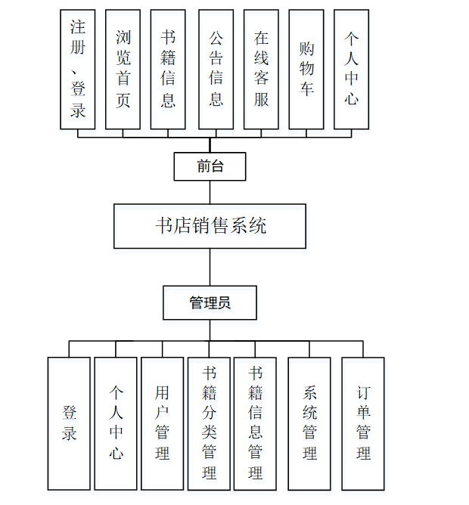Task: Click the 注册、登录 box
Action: pos(78,69)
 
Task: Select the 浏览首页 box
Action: pos(123,69)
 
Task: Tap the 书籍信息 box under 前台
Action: pos(168,69)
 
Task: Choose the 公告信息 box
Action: pos(216,69)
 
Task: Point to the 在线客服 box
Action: pos(262,69)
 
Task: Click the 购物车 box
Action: pos(306,69)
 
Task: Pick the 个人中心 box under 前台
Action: pos(352,69)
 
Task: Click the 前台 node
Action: pos(210,166)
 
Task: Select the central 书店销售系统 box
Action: pos(210,226)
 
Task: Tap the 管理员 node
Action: pos(210,303)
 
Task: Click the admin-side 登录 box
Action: pos(69,423)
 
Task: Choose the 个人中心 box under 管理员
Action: pos(116,423)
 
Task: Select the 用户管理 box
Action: pos(162,423)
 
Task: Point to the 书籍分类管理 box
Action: pos(209,423)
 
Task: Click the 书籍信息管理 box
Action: pos(256,423)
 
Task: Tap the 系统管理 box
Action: pos(309,423)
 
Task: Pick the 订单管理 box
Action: pos(363,423)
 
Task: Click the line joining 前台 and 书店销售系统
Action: pos(210,192)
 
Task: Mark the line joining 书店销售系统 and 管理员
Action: pos(210,267)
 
